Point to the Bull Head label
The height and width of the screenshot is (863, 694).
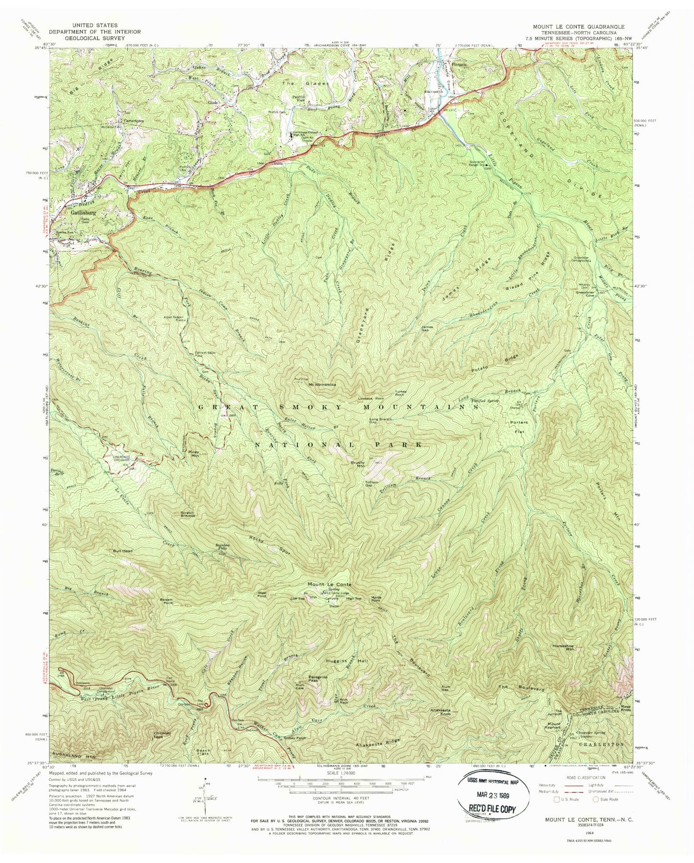click(x=123, y=551)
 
